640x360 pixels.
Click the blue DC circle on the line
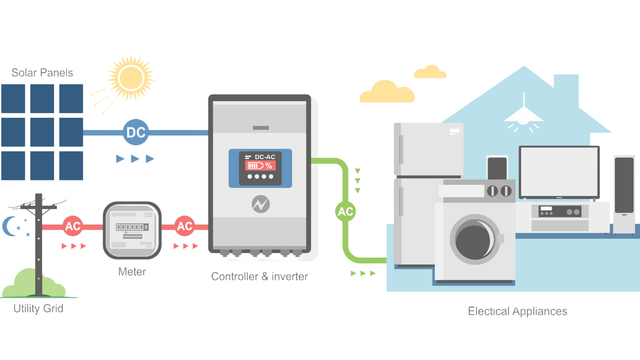point(136,132)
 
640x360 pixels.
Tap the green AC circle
point(345,211)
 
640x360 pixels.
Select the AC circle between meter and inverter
point(185,226)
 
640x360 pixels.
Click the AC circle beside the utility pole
point(73,226)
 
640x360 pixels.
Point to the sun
point(131,78)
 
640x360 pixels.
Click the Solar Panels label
point(42,72)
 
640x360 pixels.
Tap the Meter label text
point(132,272)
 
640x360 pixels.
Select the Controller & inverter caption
point(259,276)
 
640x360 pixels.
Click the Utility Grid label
point(38,308)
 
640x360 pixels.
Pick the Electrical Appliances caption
point(517,311)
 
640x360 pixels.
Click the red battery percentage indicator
point(260,166)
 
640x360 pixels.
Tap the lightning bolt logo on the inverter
point(261,204)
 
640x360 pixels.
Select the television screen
point(559,172)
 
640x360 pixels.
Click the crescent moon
point(9,226)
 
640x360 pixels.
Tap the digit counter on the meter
point(132,227)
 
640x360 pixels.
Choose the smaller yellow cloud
point(430,72)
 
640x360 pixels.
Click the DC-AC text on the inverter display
point(265,157)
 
